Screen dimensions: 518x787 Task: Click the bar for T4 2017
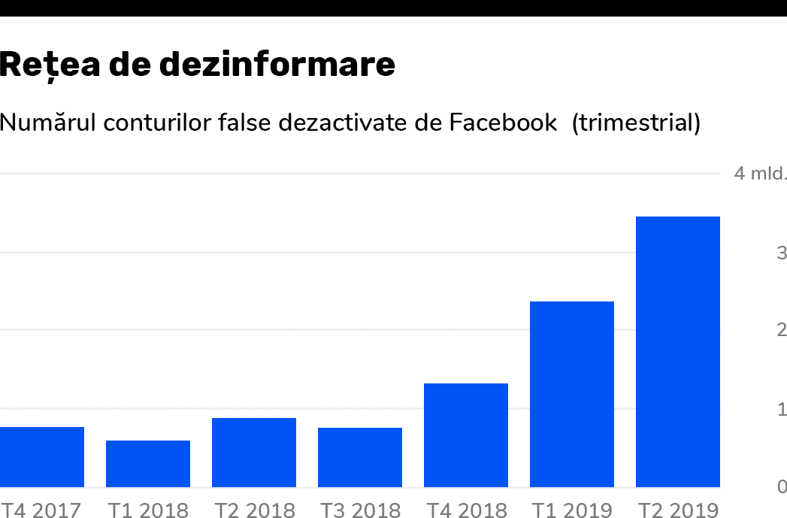click(41, 457)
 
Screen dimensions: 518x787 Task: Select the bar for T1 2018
click(148, 464)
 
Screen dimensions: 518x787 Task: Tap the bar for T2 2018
click(254, 453)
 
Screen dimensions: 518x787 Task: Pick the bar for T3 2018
click(360, 457)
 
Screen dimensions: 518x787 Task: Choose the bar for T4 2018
click(466, 435)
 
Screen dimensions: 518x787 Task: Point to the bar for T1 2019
click(572, 394)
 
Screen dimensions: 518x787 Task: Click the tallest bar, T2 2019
click(678, 352)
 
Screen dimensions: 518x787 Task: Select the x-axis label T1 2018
click(148, 510)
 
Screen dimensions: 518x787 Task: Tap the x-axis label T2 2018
click(254, 510)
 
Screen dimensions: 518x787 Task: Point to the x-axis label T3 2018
click(360, 510)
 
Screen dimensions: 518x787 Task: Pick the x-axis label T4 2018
click(466, 510)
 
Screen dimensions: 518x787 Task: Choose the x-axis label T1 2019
click(572, 510)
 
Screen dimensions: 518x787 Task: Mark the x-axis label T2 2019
click(678, 510)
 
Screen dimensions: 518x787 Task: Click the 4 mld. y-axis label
click(760, 174)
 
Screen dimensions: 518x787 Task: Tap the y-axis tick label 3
click(782, 253)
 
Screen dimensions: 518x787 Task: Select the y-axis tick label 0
click(782, 487)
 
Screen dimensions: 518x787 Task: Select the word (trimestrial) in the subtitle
click(636, 122)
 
